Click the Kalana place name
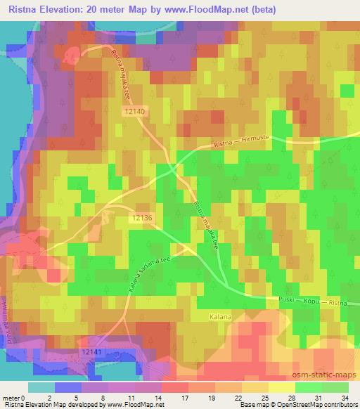coord(219,318)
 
